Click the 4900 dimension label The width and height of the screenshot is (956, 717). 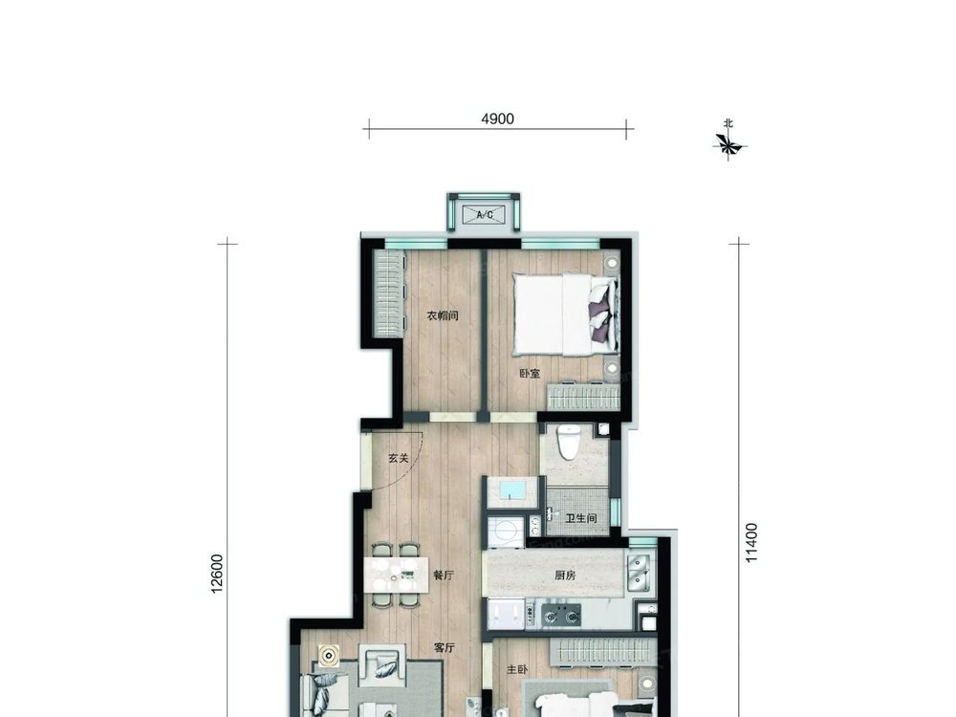(x=497, y=119)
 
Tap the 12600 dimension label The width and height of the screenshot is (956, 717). (x=217, y=574)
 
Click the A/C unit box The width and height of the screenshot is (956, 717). (x=484, y=214)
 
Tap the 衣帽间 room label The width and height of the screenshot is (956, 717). (x=442, y=315)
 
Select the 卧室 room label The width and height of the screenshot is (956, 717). (x=530, y=373)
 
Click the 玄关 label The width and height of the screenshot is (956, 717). (x=398, y=458)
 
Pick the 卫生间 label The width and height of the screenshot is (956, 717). (x=581, y=518)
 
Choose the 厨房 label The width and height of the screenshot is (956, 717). (x=565, y=575)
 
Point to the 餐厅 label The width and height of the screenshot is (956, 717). (x=444, y=575)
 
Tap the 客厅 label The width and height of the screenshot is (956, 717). (x=445, y=648)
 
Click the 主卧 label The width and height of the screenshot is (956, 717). (x=516, y=669)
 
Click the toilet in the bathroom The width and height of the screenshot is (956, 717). (x=570, y=442)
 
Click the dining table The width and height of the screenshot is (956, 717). (x=396, y=575)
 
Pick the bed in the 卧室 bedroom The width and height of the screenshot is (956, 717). (x=567, y=314)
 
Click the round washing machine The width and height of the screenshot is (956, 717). (x=505, y=532)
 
